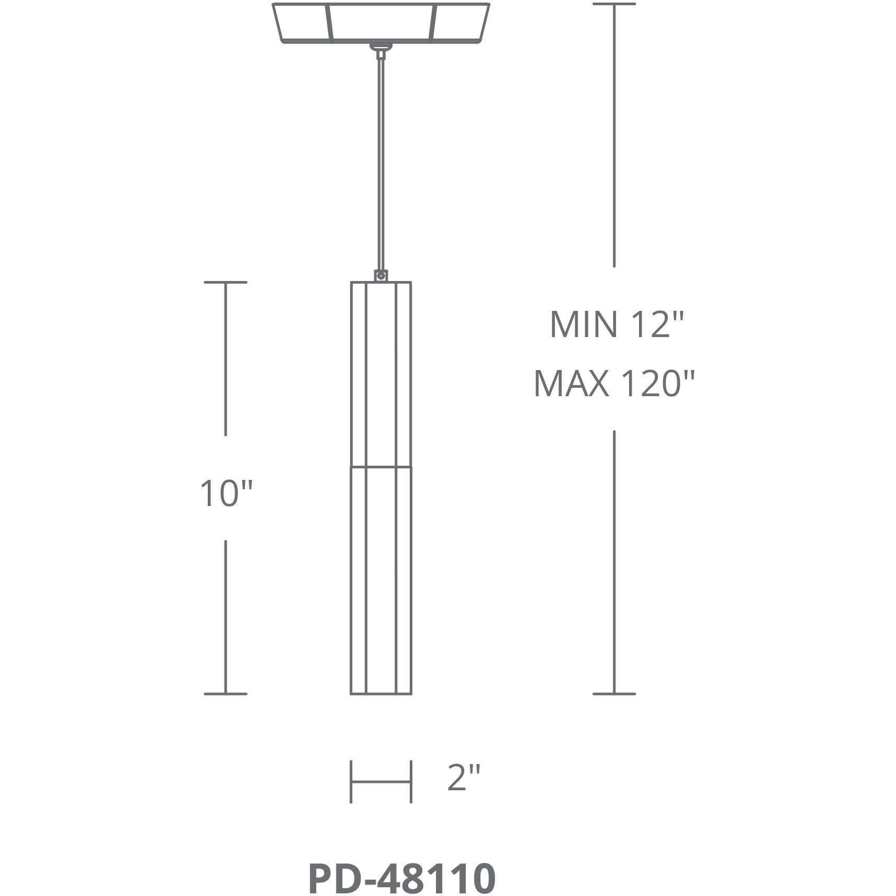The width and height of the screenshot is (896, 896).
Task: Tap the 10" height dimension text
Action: click(x=226, y=493)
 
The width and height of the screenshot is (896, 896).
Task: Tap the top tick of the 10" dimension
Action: click(x=226, y=283)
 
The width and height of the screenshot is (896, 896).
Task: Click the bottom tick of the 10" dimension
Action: click(x=226, y=694)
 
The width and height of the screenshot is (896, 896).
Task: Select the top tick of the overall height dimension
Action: click(x=614, y=4)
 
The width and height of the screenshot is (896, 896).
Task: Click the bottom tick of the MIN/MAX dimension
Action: click(x=614, y=694)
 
